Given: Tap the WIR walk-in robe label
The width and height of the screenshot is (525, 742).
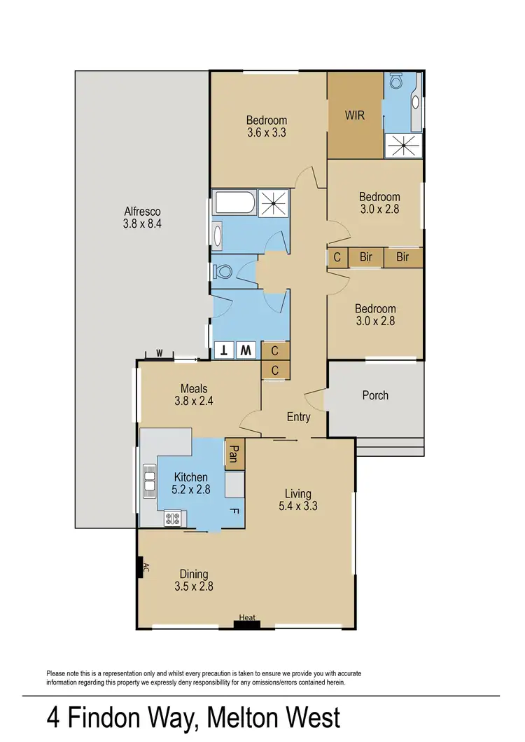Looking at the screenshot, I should tap(355, 116).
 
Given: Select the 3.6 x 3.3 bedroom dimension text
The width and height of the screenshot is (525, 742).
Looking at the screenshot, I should tap(266, 132).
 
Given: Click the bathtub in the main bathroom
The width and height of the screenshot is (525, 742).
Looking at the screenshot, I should tap(235, 205).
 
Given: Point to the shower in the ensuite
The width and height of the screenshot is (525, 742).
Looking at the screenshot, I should tap(402, 146).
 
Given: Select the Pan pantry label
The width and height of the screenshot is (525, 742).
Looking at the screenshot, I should tap(234, 453).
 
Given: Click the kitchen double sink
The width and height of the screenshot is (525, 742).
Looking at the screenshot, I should tap(149, 482).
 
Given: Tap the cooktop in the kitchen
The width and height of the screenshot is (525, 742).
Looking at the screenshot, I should tap(172, 519).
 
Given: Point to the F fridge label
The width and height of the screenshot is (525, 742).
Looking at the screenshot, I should tap(234, 511).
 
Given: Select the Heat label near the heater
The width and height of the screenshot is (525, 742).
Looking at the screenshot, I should tap(247, 617).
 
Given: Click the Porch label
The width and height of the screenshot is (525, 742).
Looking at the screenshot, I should tap(375, 395).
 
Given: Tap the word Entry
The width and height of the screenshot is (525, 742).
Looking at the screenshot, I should tap(298, 417).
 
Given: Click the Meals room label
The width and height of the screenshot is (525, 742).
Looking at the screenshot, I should tap(194, 389).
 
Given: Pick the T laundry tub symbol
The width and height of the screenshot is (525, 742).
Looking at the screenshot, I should tap(225, 350).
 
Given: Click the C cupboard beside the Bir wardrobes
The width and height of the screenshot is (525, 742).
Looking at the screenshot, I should tap(337, 257).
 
